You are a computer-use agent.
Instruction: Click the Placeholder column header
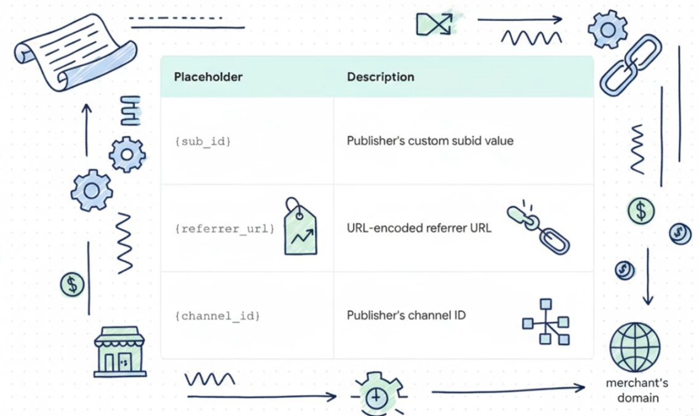208,77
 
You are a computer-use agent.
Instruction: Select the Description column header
380,77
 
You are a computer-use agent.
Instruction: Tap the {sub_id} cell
203,141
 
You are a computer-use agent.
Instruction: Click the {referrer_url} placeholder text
224,229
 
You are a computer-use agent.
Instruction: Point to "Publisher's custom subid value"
430,141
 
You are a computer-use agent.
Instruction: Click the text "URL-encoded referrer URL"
419,229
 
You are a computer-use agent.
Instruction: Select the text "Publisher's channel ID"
406,316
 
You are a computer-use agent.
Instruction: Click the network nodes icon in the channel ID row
546,322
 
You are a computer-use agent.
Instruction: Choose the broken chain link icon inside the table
538,227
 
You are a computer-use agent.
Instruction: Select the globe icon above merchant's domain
634,346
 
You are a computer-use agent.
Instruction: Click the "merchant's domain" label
637,390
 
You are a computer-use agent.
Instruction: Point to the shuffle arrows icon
434,23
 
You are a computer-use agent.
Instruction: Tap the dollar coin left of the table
73,284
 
